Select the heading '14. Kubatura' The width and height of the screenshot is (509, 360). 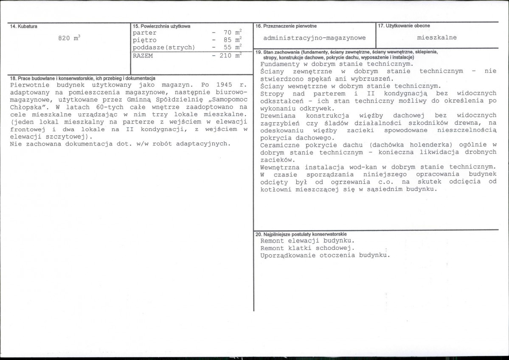[x=24, y=26]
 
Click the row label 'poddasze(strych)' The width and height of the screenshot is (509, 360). [x=163, y=47]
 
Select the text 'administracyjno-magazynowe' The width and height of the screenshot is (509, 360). [x=314, y=38]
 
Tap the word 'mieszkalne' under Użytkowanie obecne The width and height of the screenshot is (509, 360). [x=437, y=37]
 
